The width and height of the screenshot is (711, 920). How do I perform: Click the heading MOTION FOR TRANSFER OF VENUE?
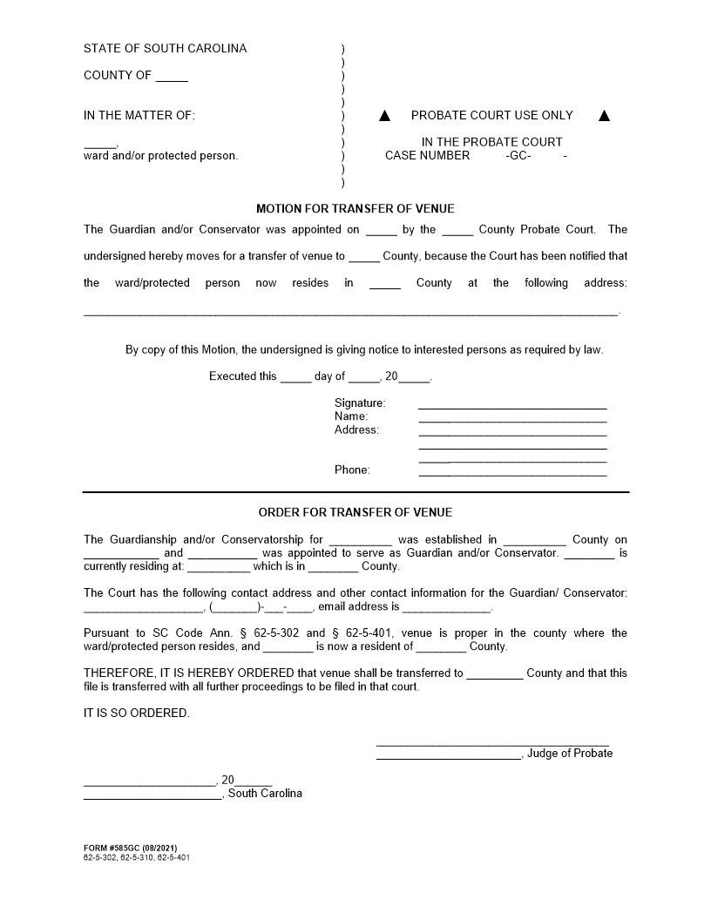(x=355, y=209)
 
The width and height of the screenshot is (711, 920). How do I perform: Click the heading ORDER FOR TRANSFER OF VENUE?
(x=355, y=512)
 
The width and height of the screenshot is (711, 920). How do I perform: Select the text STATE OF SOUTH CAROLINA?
(x=165, y=49)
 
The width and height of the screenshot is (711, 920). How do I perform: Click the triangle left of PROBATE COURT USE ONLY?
(x=385, y=116)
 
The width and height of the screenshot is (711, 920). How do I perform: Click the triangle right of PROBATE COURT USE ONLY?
(x=605, y=116)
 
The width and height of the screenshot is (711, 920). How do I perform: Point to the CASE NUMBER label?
(x=427, y=156)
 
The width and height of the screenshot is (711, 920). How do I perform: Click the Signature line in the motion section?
(x=512, y=405)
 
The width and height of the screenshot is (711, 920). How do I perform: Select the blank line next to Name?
(x=512, y=419)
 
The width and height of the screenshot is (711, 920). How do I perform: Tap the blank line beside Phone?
(x=512, y=472)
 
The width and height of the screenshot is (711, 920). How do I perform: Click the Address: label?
(x=356, y=430)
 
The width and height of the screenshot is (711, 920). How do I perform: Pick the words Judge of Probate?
(x=569, y=754)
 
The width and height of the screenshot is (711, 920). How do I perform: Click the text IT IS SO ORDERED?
(x=136, y=714)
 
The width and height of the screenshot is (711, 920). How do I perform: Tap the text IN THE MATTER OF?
(x=139, y=116)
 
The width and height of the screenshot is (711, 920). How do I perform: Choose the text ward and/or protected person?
(x=160, y=156)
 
